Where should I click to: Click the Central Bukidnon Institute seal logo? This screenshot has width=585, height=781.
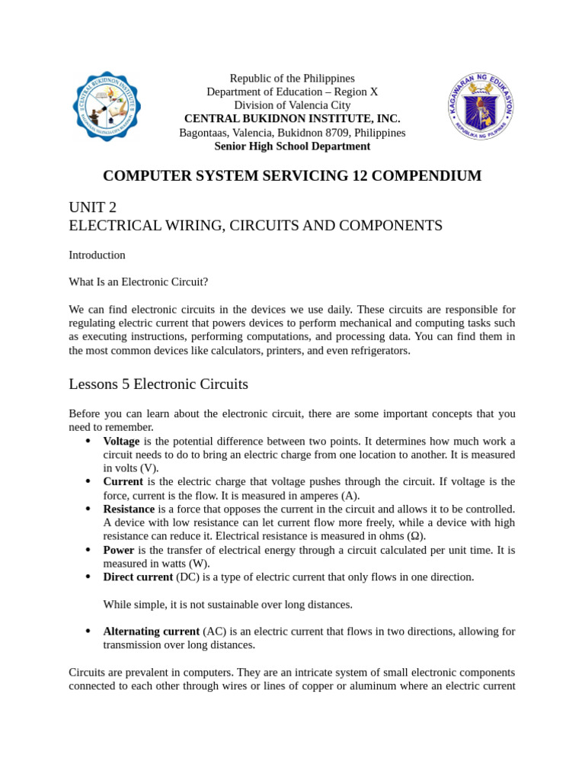tap(106, 107)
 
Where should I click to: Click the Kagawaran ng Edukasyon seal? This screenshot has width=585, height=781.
tap(480, 106)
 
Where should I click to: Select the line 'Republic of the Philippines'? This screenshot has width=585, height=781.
tap(292, 79)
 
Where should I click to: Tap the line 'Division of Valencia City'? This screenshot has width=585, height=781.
tap(292, 105)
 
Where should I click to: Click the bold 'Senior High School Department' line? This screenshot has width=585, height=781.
tap(292, 146)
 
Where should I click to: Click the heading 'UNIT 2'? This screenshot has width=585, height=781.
tap(93, 207)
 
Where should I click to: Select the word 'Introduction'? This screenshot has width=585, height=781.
tap(97, 255)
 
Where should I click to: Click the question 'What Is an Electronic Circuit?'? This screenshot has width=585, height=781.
tap(138, 282)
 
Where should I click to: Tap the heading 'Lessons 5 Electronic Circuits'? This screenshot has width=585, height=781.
tap(158, 384)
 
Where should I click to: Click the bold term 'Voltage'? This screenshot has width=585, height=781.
tap(121, 442)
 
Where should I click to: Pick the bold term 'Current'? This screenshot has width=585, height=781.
tap(123, 482)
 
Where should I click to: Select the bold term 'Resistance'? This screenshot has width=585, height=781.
tap(129, 509)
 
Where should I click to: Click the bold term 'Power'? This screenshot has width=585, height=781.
tap(118, 550)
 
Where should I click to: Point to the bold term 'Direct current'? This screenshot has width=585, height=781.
tap(138, 577)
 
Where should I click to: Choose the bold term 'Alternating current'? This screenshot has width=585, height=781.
tap(152, 632)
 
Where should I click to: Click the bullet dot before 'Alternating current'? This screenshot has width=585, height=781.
tap(88, 632)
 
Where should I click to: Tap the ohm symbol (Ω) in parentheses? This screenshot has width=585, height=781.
tap(411, 536)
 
